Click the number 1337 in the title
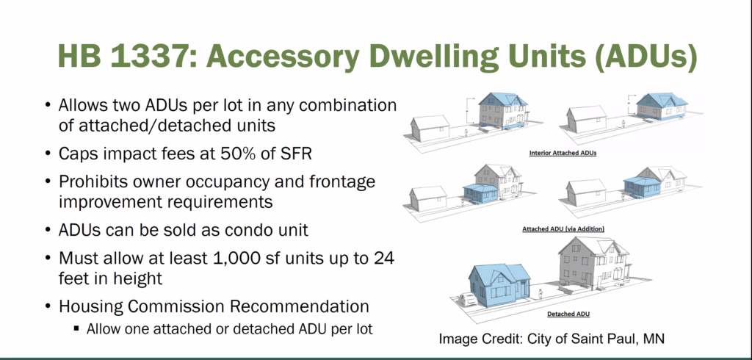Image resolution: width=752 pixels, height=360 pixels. [x=146, y=56]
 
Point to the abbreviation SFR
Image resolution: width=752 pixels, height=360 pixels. [x=296, y=154]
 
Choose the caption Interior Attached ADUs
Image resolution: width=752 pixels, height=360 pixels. [x=563, y=153]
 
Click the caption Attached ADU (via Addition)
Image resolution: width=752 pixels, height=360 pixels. [x=563, y=229]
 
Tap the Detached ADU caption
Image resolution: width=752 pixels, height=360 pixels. [x=568, y=314]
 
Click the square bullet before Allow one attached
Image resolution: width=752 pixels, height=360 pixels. [x=76, y=329]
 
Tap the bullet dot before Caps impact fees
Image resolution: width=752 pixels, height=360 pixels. [x=47, y=154]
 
